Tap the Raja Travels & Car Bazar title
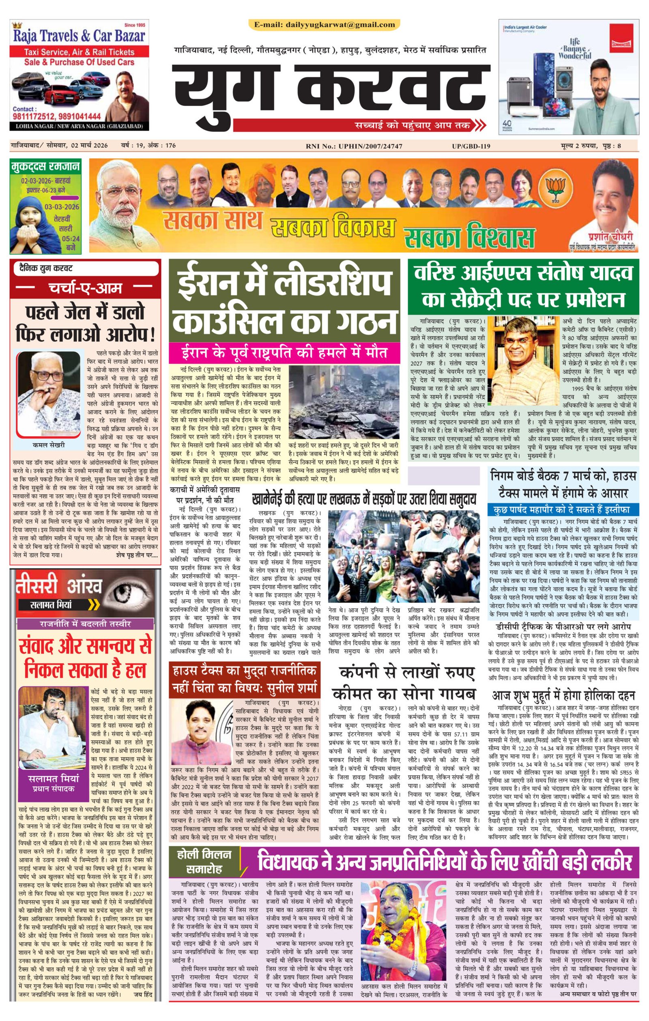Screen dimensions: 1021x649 coord(79,36)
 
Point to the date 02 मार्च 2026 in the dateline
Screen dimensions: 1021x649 coord(89,146)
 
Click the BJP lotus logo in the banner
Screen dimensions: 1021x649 coord(555,191)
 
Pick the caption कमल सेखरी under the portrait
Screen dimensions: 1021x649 coord(48,445)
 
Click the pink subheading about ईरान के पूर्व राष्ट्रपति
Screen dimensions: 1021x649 coord(284,352)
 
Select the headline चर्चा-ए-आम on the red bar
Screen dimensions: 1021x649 coord(85,288)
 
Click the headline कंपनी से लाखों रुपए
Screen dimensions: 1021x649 coord(406,672)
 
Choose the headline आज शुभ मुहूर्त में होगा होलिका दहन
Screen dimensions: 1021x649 coord(563,695)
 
